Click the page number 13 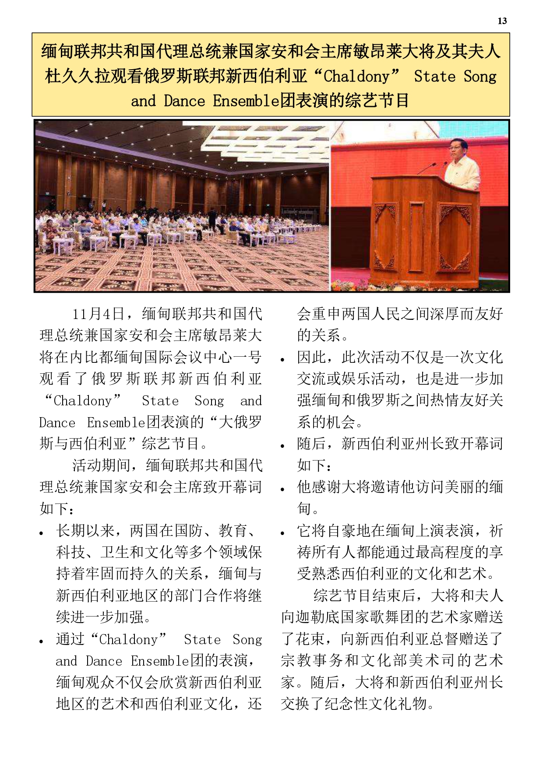(502, 21)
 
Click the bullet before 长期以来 (42, 533)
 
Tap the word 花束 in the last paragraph (310, 639)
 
